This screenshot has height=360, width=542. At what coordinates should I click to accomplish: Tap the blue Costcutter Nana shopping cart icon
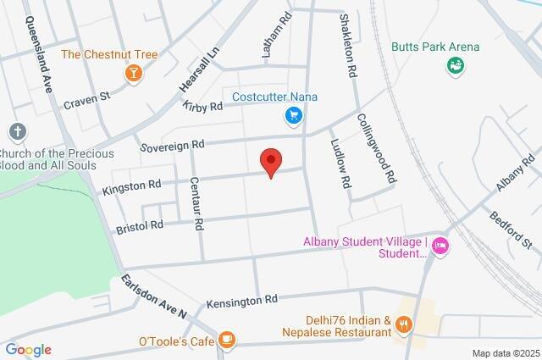(x=294, y=116)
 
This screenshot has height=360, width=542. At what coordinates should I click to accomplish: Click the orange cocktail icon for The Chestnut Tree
(x=133, y=74)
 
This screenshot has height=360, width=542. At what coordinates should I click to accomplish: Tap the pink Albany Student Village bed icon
(x=440, y=246)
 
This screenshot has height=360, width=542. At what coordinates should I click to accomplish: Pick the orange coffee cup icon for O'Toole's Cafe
(x=226, y=341)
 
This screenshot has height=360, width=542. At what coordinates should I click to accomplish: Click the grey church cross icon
(x=17, y=131)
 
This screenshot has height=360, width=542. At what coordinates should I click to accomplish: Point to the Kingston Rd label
(x=131, y=184)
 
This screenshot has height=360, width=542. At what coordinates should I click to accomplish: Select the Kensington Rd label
(x=241, y=300)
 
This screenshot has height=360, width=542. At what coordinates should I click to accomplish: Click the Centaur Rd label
(x=196, y=202)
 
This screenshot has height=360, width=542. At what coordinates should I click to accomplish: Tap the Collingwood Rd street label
(x=377, y=149)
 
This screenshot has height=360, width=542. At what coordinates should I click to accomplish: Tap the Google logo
(x=28, y=350)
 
